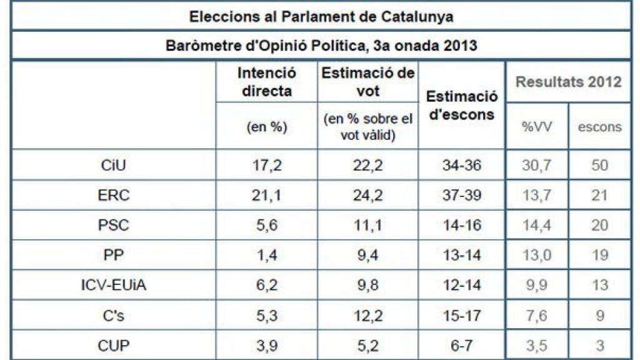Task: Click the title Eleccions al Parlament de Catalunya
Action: tap(321, 16)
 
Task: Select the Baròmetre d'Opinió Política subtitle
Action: tap(321, 46)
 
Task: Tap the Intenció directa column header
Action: tap(267, 82)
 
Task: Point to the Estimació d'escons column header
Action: tap(462, 105)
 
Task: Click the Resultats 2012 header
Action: tap(568, 82)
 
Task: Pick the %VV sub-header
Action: tap(536, 127)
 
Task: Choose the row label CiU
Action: tap(114, 166)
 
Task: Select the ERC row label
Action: tap(114, 196)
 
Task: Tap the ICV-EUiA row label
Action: tap(114, 286)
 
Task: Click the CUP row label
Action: tap(114, 346)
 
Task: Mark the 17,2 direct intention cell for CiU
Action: tap(267, 166)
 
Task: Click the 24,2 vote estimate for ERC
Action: tap(368, 196)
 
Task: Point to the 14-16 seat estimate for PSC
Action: tap(462, 226)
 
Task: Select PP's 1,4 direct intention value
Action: tap(267, 256)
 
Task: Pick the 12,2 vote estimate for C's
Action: tap(368, 316)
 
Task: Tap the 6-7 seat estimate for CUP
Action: tap(462, 346)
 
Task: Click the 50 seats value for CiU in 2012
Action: tap(599, 166)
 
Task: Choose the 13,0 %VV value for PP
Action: tap(536, 256)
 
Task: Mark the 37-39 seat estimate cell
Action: tap(462, 196)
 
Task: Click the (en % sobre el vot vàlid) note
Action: tap(368, 127)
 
